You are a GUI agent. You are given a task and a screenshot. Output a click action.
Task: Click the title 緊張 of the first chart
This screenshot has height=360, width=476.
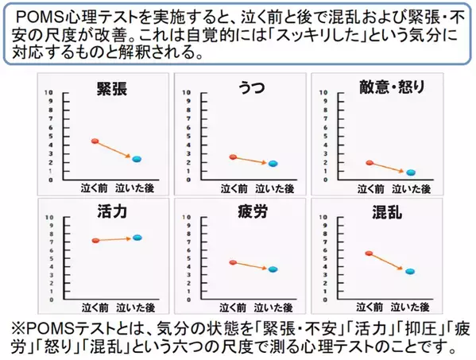113,87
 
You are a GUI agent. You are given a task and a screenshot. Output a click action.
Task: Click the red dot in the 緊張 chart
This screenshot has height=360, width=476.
95,141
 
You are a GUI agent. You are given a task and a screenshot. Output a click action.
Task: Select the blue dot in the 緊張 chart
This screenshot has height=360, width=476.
137,159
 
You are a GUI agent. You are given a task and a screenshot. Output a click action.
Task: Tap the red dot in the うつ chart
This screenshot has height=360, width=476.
232,157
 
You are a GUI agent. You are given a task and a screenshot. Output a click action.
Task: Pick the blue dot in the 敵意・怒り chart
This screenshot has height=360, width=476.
411,172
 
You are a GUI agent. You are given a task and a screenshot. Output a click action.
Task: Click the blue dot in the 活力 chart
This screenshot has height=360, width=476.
137,237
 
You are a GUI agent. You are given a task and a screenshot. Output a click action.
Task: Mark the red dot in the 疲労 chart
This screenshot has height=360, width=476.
232,262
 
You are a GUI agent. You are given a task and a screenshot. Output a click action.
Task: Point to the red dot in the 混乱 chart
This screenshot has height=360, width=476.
369,254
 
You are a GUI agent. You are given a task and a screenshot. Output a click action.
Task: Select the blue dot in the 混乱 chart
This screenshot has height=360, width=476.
410,271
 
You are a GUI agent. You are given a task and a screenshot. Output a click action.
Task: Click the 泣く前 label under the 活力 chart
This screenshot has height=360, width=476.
93,306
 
